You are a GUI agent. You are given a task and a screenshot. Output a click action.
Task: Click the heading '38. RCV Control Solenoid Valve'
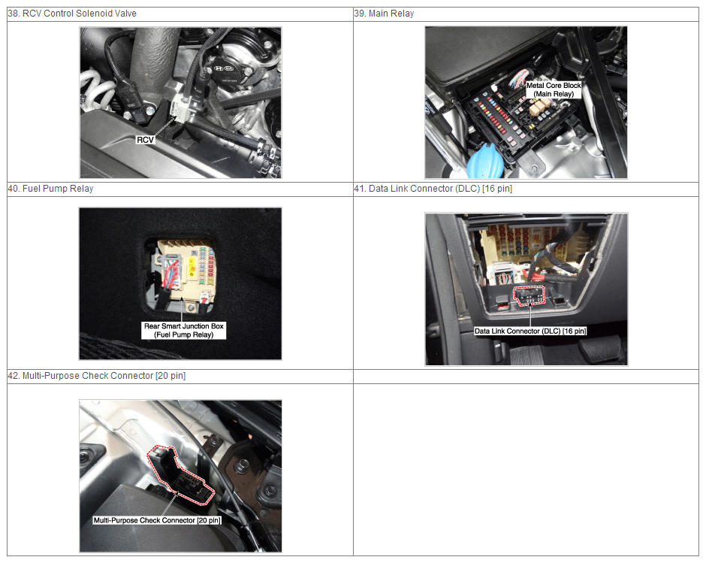(x=72, y=14)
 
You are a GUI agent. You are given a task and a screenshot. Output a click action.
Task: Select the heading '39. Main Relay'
(x=384, y=14)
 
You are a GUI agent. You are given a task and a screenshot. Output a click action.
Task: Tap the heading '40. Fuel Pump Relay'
(x=50, y=189)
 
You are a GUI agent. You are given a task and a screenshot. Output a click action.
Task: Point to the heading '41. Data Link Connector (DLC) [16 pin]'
(x=433, y=189)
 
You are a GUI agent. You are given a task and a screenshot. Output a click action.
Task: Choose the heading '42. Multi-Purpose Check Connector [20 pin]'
(x=96, y=376)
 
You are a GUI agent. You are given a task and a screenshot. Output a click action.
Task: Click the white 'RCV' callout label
(x=145, y=140)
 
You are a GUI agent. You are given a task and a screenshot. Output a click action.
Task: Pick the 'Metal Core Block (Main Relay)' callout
(x=554, y=89)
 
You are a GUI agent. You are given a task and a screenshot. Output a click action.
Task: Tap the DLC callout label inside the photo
(x=530, y=331)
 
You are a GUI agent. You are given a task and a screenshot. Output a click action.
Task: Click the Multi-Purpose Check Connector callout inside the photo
(x=157, y=520)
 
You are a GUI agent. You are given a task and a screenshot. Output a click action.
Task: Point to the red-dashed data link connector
(x=529, y=295)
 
